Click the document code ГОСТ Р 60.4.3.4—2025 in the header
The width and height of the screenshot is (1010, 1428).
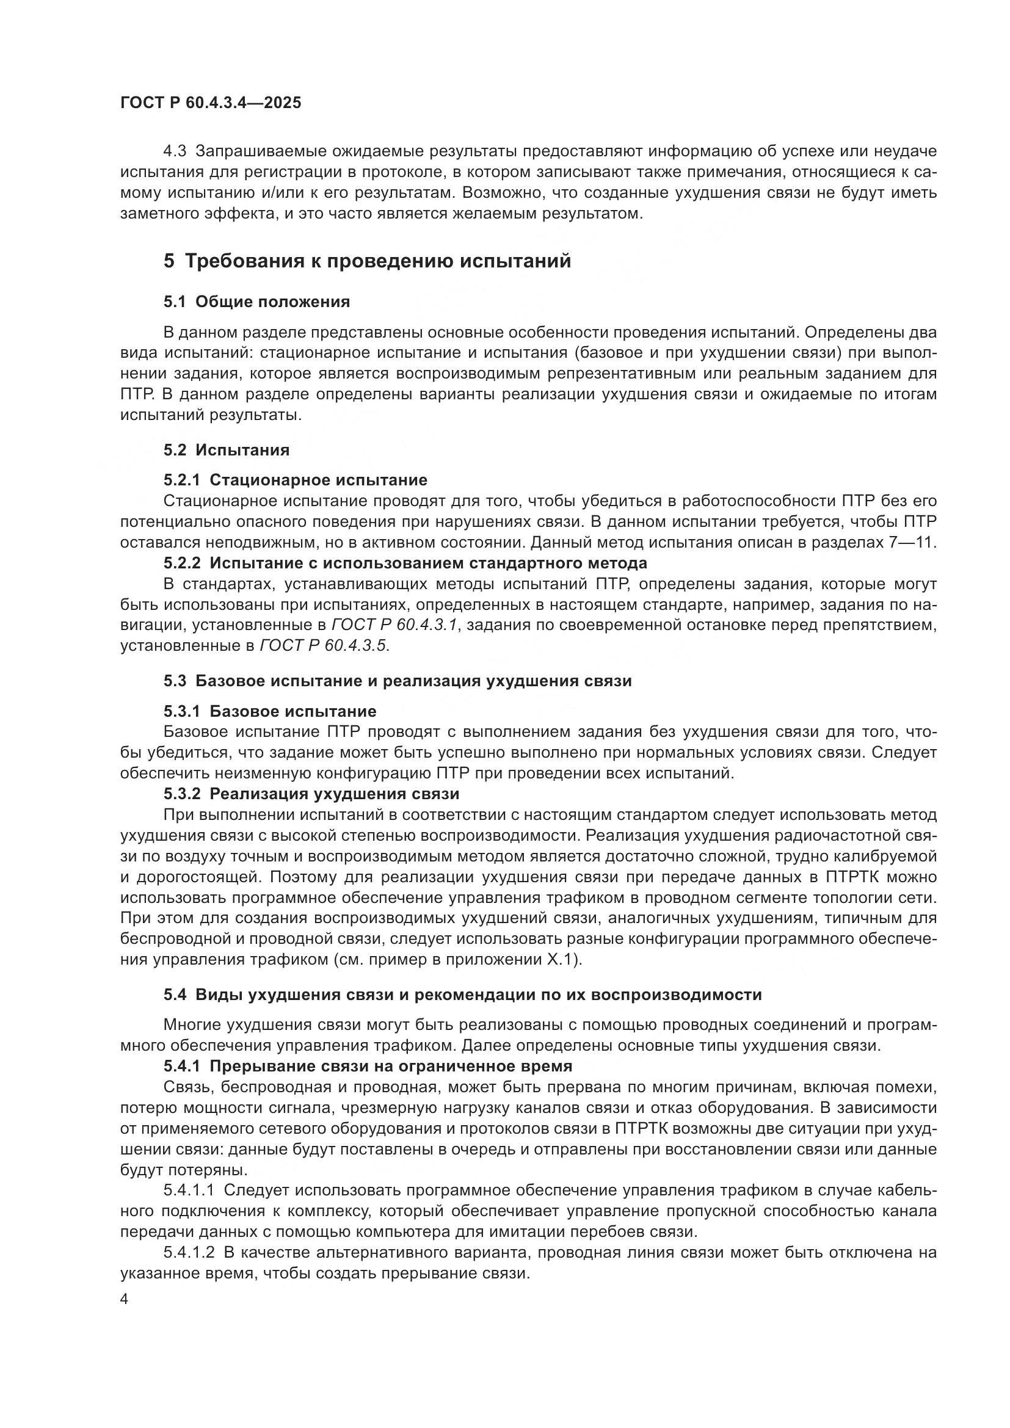(210, 103)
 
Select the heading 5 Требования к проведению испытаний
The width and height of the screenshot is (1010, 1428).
(367, 261)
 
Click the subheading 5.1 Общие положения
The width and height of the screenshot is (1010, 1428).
(256, 302)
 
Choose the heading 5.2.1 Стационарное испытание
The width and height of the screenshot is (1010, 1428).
(296, 479)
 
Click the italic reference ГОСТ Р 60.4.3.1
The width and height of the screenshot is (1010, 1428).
(395, 625)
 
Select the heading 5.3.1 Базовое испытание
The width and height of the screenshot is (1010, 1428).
(270, 710)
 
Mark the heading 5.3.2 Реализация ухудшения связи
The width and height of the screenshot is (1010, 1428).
(311, 794)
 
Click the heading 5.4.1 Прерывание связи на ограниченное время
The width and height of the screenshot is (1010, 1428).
(368, 1065)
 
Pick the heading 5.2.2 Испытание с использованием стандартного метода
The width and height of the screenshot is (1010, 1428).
(405, 563)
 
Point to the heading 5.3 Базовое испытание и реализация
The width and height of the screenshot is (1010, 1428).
(398, 680)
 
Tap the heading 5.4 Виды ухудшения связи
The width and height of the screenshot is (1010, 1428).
(463, 994)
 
